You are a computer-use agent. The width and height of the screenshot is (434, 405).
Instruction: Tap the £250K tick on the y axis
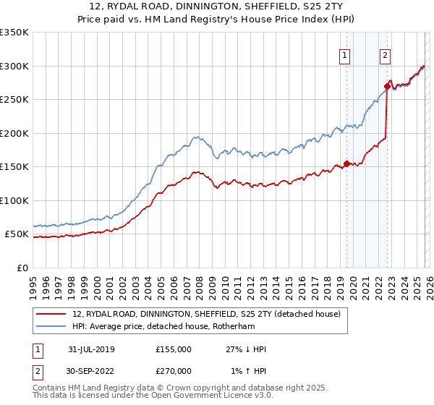pos(14,99)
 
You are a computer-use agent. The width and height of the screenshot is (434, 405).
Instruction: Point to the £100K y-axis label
pos(14,200)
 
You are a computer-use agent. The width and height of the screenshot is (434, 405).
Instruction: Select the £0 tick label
pos(22,268)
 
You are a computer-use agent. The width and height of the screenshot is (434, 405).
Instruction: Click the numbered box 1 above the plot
pos(345,55)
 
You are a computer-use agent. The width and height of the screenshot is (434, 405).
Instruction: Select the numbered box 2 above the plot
pos(386,55)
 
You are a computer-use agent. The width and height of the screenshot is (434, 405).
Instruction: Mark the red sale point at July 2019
pos(346,163)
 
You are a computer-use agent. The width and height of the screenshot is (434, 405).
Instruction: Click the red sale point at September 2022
pos(388,87)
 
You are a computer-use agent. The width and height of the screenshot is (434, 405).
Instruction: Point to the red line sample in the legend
pos(52,314)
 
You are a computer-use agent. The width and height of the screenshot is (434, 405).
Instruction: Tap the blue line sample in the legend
pos(52,326)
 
